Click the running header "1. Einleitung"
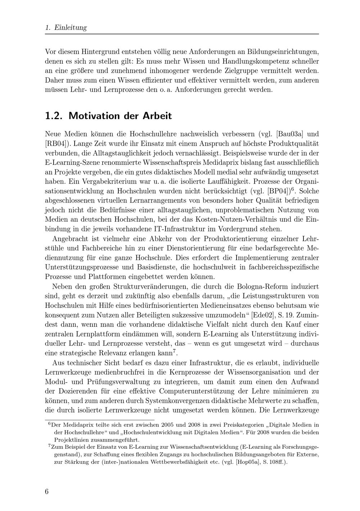tap(66, 28)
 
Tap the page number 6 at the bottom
tap(47, 492)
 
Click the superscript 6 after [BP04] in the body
tap(293, 189)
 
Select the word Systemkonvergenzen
tap(180, 401)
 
